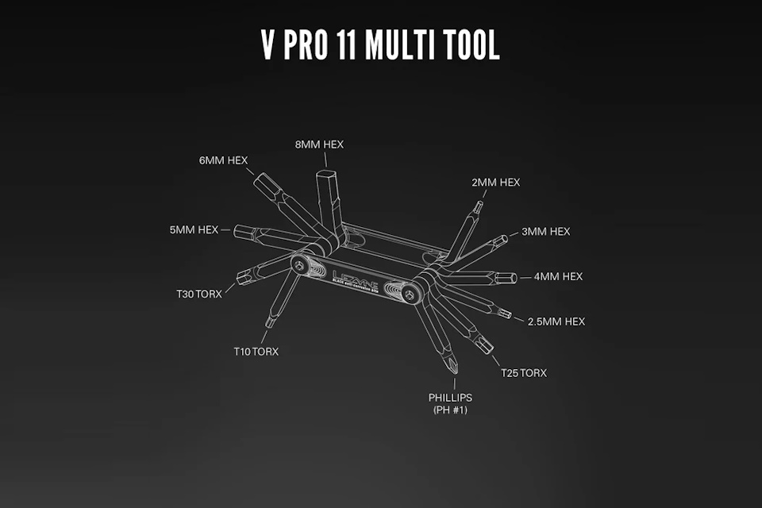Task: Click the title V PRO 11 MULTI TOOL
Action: click(x=381, y=46)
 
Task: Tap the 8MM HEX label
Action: click(x=318, y=144)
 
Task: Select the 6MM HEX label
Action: click(x=224, y=160)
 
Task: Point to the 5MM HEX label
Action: click(x=193, y=230)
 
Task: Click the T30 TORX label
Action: click(x=199, y=294)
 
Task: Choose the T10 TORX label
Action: click(x=256, y=351)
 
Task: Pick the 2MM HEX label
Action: click(x=495, y=183)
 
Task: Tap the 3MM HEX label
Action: click(x=545, y=232)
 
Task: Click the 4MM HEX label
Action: click(x=558, y=277)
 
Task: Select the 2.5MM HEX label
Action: click(x=556, y=321)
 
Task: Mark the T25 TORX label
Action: click(x=523, y=373)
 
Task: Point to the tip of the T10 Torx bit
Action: click(x=268, y=323)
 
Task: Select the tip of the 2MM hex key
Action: click(x=477, y=206)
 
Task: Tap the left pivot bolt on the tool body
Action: click(x=301, y=265)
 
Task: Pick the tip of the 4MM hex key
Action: click(x=514, y=278)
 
